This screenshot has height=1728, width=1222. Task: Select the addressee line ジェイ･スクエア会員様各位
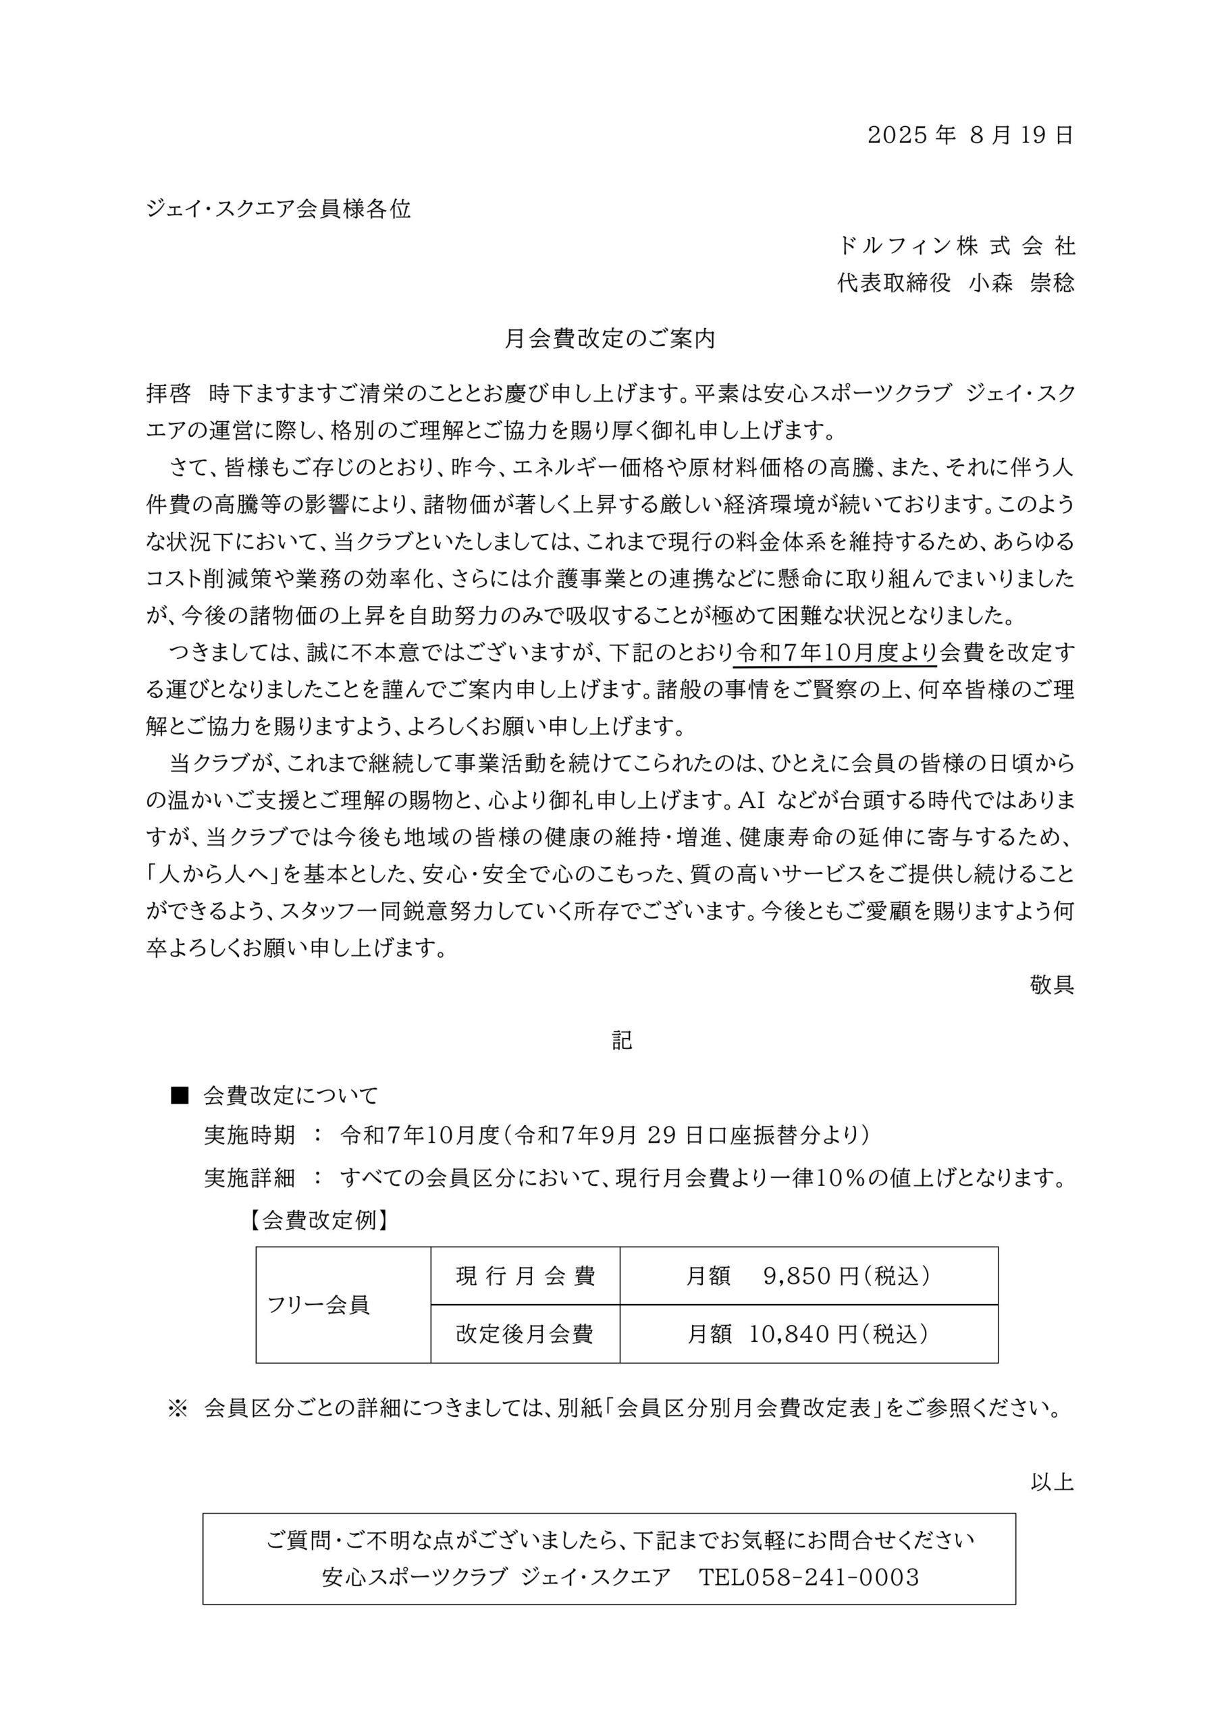(x=279, y=209)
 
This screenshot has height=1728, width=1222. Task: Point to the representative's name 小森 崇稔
(x=1021, y=283)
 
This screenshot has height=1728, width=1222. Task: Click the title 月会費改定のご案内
(x=610, y=340)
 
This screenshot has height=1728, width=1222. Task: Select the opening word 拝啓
(x=168, y=394)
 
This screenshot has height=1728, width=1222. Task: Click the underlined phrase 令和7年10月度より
(x=835, y=653)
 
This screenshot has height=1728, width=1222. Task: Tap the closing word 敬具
(x=1052, y=986)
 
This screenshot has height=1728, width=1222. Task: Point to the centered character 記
(x=621, y=1040)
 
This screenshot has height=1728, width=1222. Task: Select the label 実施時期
(x=249, y=1135)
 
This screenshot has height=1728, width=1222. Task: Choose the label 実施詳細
(x=249, y=1178)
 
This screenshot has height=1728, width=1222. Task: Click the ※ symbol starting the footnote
(x=178, y=1408)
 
